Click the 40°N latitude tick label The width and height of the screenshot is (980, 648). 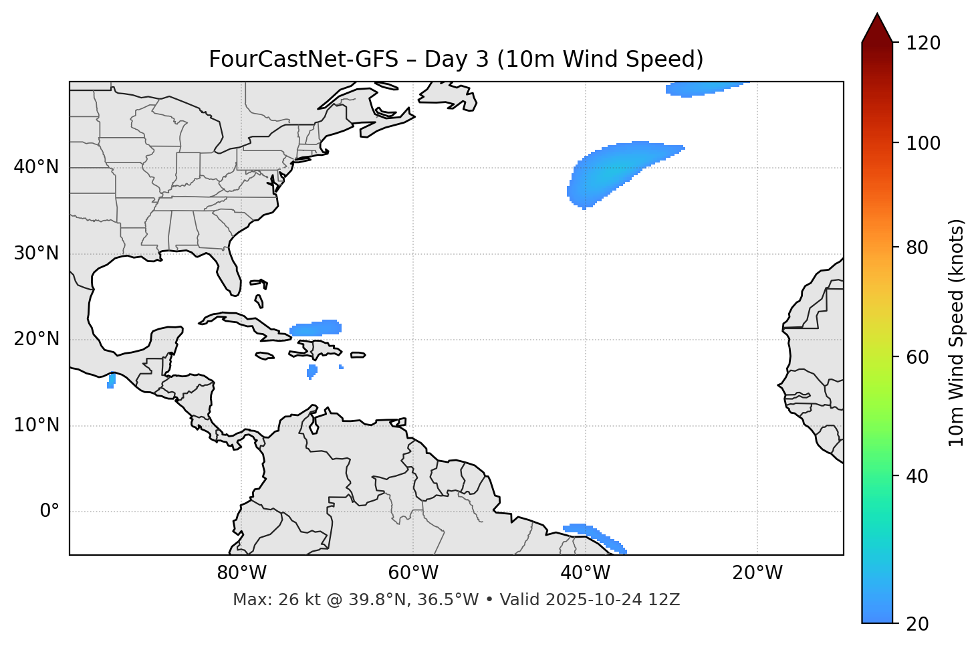(x=36, y=167)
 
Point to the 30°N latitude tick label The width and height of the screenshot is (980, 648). (x=36, y=253)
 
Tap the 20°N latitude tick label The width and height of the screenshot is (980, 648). (x=36, y=339)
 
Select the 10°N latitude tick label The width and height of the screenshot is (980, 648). (x=36, y=425)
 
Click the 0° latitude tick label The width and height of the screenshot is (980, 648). (x=49, y=512)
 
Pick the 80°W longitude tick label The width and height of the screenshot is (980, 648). (x=241, y=573)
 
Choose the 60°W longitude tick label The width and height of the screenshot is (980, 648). (x=413, y=573)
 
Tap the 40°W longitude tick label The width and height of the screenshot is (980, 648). (x=585, y=573)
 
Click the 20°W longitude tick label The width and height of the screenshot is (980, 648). (x=757, y=573)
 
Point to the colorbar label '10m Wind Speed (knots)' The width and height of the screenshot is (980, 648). (x=957, y=333)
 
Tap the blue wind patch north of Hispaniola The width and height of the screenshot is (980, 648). (x=316, y=328)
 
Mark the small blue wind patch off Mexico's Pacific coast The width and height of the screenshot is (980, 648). (x=111, y=381)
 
